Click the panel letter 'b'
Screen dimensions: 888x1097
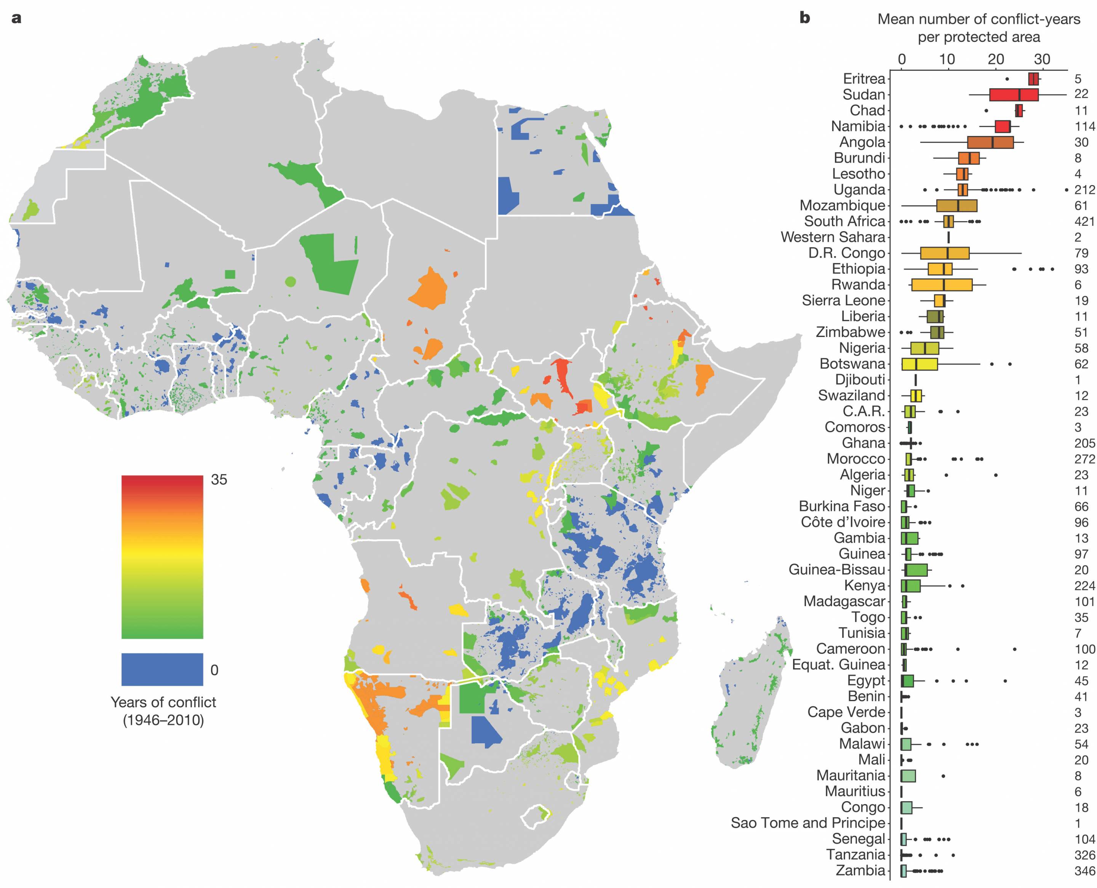[x=804, y=18]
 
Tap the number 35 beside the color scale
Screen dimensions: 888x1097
[x=219, y=479]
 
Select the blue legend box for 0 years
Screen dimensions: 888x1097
[x=162, y=669]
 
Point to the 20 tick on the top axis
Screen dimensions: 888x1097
[x=995, y=59]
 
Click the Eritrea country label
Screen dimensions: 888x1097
[x=864, y=79]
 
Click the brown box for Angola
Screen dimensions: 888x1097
[x=990, y=142]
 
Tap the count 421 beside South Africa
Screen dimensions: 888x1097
[x=1084, y=222]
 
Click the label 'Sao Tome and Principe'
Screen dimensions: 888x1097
[x=808, y=823]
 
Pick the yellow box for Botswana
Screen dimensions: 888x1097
[x=919, y=364]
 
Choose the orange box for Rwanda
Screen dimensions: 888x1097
[x=942, y=285]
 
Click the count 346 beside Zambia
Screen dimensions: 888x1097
[x=1084, y=870]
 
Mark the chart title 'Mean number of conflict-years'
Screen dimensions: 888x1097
[x=978, y=19]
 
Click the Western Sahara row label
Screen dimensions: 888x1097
[x=833, y=237]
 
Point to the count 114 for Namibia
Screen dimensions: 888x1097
[x=1084, y=126]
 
